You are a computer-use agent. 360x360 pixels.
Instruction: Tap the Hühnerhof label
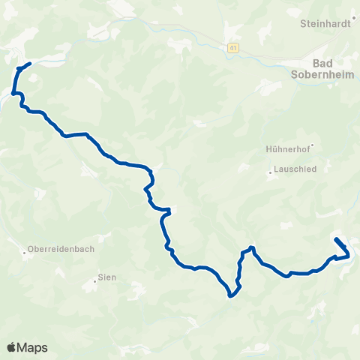click(x=287, y=148)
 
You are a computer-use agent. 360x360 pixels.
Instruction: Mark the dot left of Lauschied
click(x=270, y=174)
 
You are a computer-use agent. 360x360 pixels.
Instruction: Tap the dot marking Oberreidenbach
click(x=24, y=253)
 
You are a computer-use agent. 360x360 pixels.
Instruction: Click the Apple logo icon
click(x=12, y=347)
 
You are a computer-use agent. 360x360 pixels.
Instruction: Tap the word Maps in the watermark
click(x=32, y=347)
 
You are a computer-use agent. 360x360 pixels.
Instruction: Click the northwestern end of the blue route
click(x=29, y=64)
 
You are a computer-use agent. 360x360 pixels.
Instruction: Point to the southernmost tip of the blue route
click(x=230, y=296)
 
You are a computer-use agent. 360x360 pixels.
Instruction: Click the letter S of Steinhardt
click(x=302, y=23)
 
